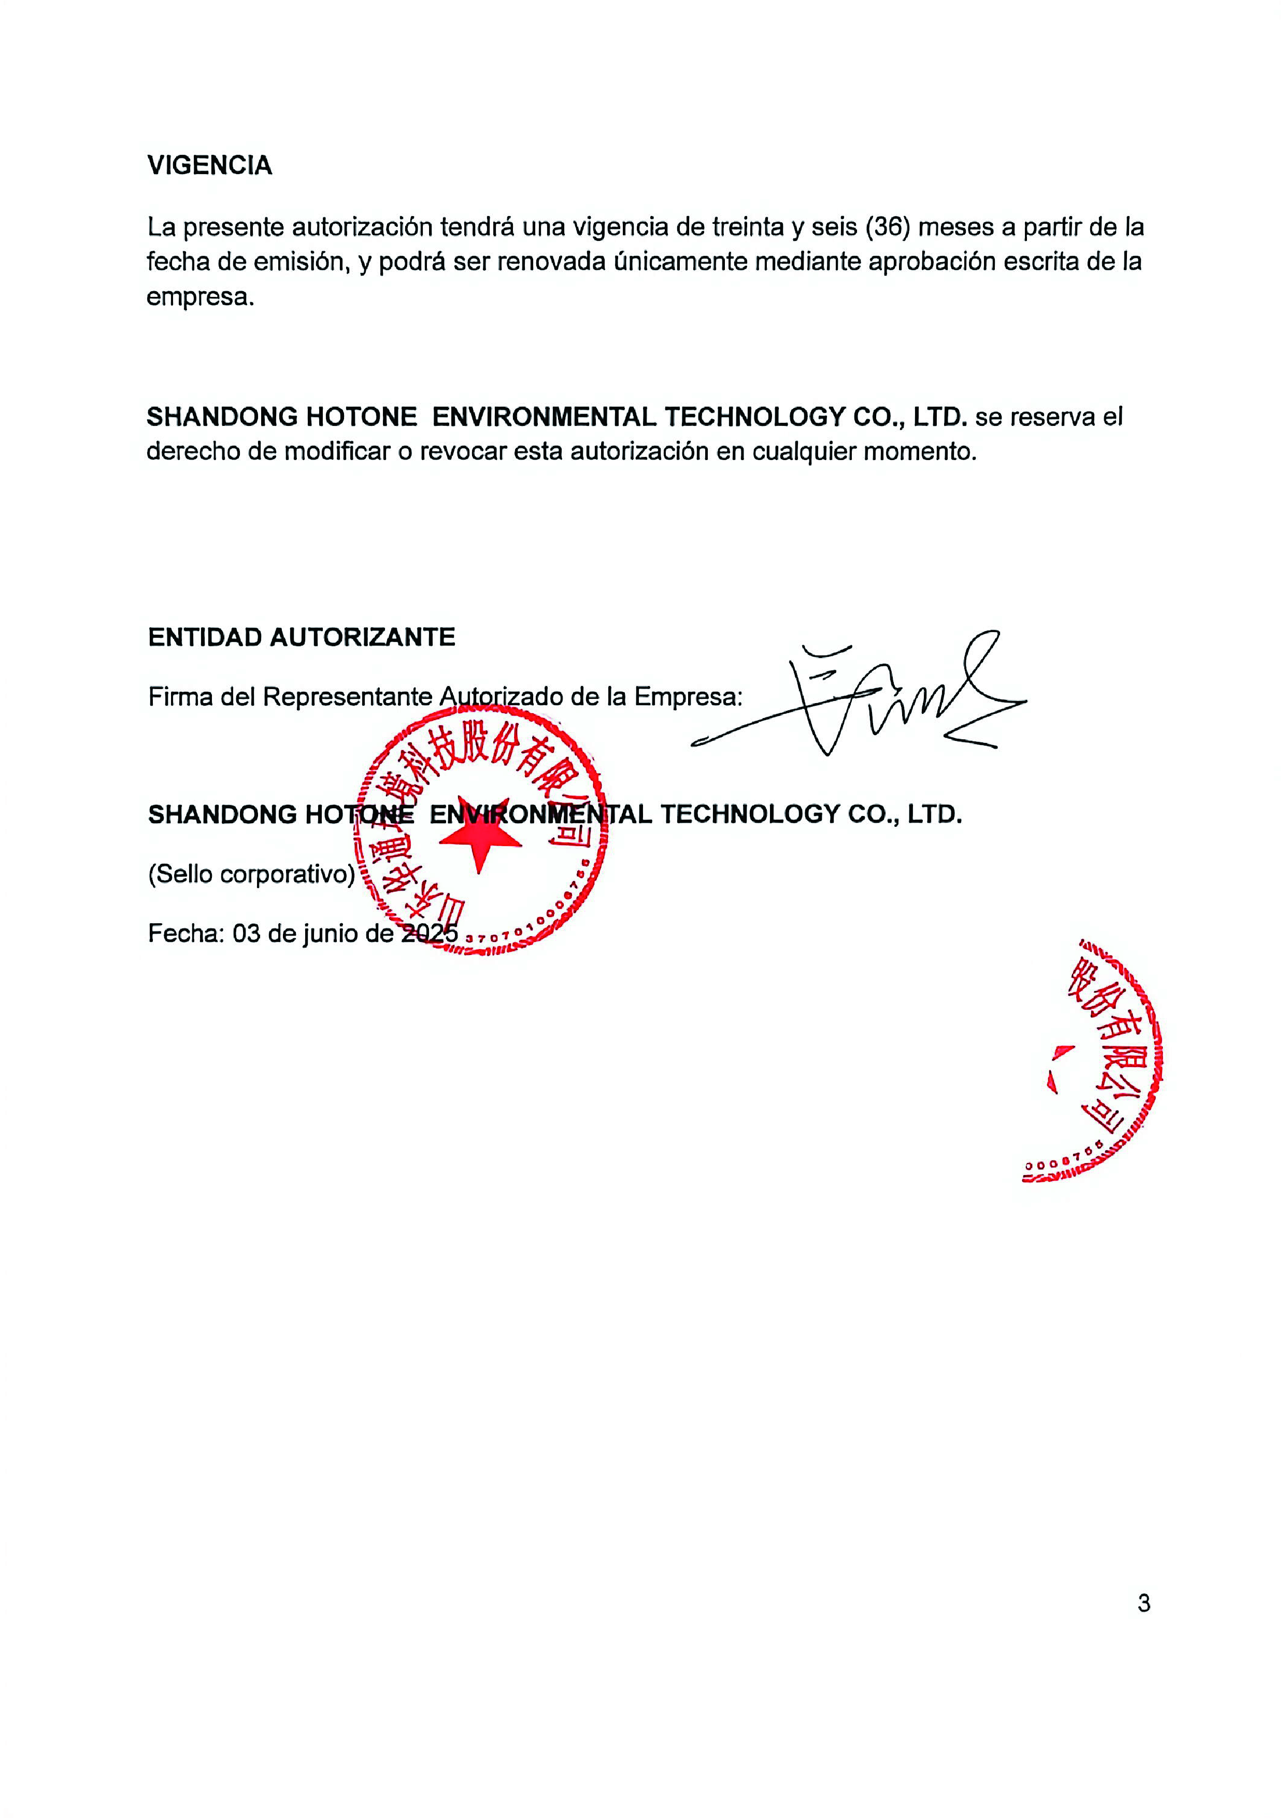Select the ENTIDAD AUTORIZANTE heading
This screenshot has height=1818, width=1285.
301,637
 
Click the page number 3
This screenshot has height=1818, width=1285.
1143,1604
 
